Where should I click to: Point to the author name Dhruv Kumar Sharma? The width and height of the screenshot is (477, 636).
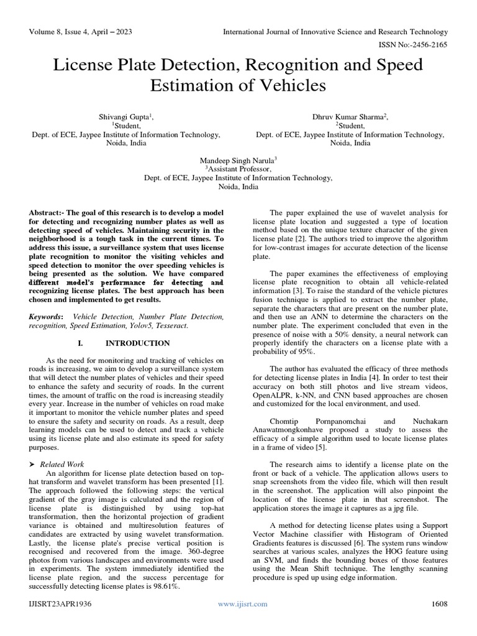click(348, 117)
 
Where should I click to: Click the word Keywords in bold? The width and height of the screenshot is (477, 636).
click(45, 317)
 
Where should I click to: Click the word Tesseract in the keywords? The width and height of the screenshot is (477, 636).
click(168, 325)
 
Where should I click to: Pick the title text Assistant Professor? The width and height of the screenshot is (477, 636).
click(239, 168)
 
